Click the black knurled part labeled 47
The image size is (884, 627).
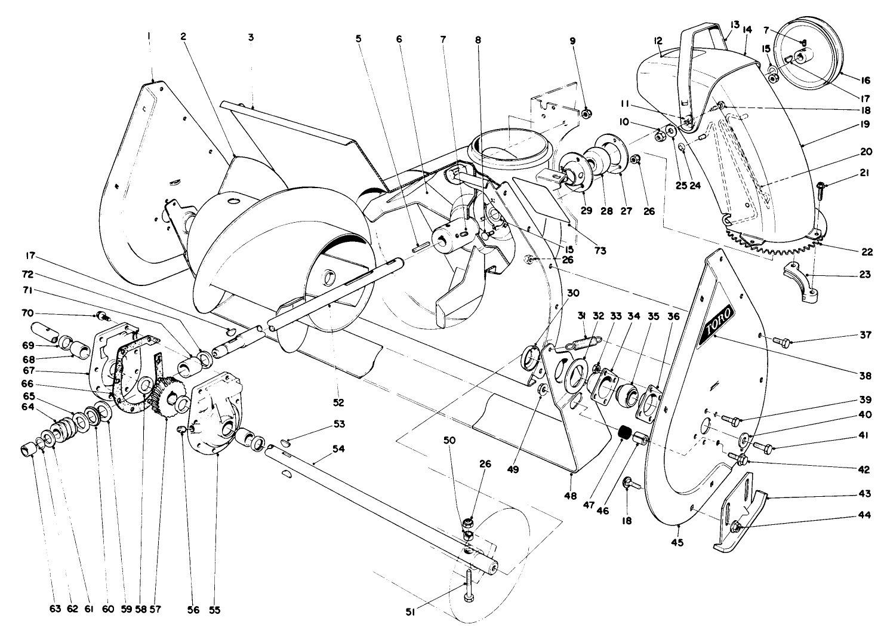pos(624,433)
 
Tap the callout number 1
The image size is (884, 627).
pos(149,36)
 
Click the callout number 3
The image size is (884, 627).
pos(251,37)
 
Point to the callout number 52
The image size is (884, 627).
pos(338,402)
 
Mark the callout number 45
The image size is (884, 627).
pos(677,542)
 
